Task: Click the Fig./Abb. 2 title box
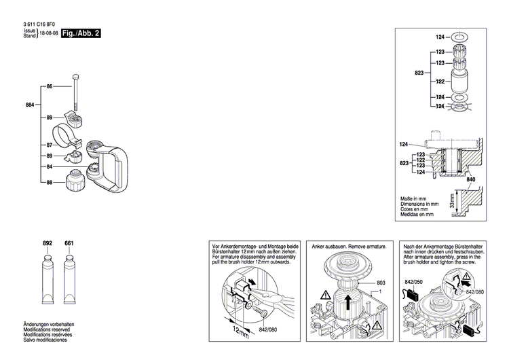[81, 33]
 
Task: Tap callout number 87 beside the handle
[50, 145]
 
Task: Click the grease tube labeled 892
[47, 280]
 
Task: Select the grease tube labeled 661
[69, 280]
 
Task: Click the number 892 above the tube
[47, 243]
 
